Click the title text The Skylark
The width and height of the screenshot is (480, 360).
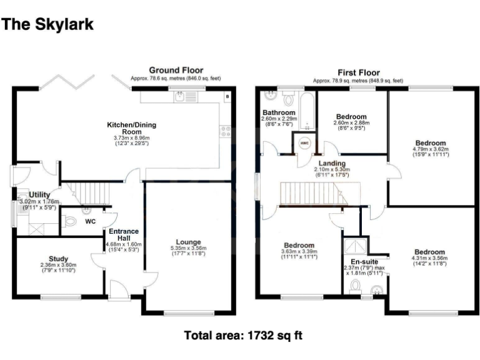click(48, 24)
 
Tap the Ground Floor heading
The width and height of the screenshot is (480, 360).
click(176, 70)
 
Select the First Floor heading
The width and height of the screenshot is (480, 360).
click(358, 72)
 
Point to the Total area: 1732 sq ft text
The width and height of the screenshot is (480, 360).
click(243, 336)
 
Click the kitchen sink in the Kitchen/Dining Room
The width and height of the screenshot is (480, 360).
click(180, 97)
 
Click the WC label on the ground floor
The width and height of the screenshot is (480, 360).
click(90, 221)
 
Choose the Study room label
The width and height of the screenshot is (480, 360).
click(58, 258)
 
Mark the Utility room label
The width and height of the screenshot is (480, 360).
click(39, 195)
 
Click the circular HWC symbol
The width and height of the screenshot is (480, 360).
click(305, 142)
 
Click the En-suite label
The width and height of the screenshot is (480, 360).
click(363, 261)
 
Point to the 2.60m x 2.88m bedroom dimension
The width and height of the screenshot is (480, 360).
click(351, 124)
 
